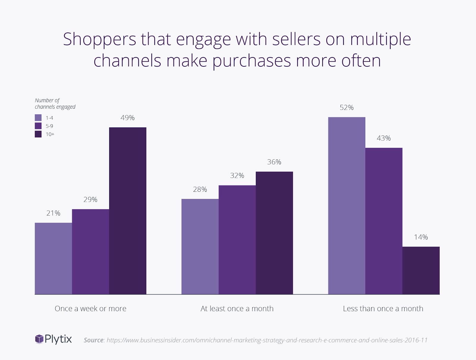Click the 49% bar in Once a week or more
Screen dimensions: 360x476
(128, 211)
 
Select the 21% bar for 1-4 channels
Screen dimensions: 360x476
(53, 258)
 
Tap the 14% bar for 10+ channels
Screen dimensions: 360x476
(421, 270)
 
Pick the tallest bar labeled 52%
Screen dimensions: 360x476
(347, 205)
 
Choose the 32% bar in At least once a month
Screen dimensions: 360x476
(237, 240)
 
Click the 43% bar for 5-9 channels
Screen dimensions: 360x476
(384, 221)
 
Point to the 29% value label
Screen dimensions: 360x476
(90, 200)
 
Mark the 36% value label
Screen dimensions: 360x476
(274, 162)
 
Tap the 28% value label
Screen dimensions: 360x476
(200, 189)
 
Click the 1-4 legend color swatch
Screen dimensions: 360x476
(38, 118)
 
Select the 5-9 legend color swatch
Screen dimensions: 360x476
(38, 126)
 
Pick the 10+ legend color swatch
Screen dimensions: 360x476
(38, 134)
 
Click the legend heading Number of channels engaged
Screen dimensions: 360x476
(55, 104)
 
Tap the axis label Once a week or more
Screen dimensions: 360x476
(90, 308)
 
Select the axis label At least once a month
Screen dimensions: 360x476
(237, 308)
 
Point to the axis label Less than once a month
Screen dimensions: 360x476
(383, 308)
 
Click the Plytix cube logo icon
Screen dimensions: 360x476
(39, 339)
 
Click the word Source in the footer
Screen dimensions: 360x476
(93, 340)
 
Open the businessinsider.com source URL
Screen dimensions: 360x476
(267, 340)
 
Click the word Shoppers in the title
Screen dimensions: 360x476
(100, 39)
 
